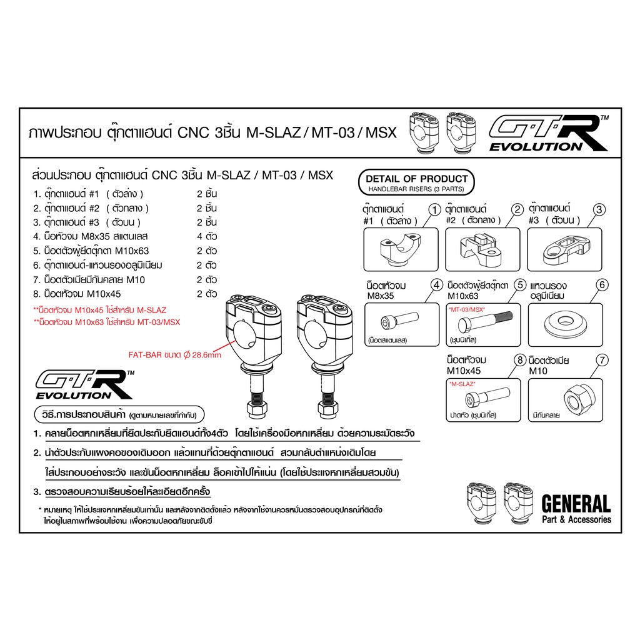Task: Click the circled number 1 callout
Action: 435,210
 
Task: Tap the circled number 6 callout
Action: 602,285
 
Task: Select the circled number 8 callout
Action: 519,360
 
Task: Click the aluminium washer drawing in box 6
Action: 565,324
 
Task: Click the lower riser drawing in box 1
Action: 400,249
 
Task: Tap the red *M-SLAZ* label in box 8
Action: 462,384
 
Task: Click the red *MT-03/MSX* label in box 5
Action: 467,310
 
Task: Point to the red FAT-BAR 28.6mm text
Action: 175,355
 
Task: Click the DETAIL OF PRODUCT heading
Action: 417,179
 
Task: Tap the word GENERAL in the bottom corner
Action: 576,504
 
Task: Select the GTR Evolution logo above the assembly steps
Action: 84,384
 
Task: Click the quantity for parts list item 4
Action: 206,237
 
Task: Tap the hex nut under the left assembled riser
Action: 257,409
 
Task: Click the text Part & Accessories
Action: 576,519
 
